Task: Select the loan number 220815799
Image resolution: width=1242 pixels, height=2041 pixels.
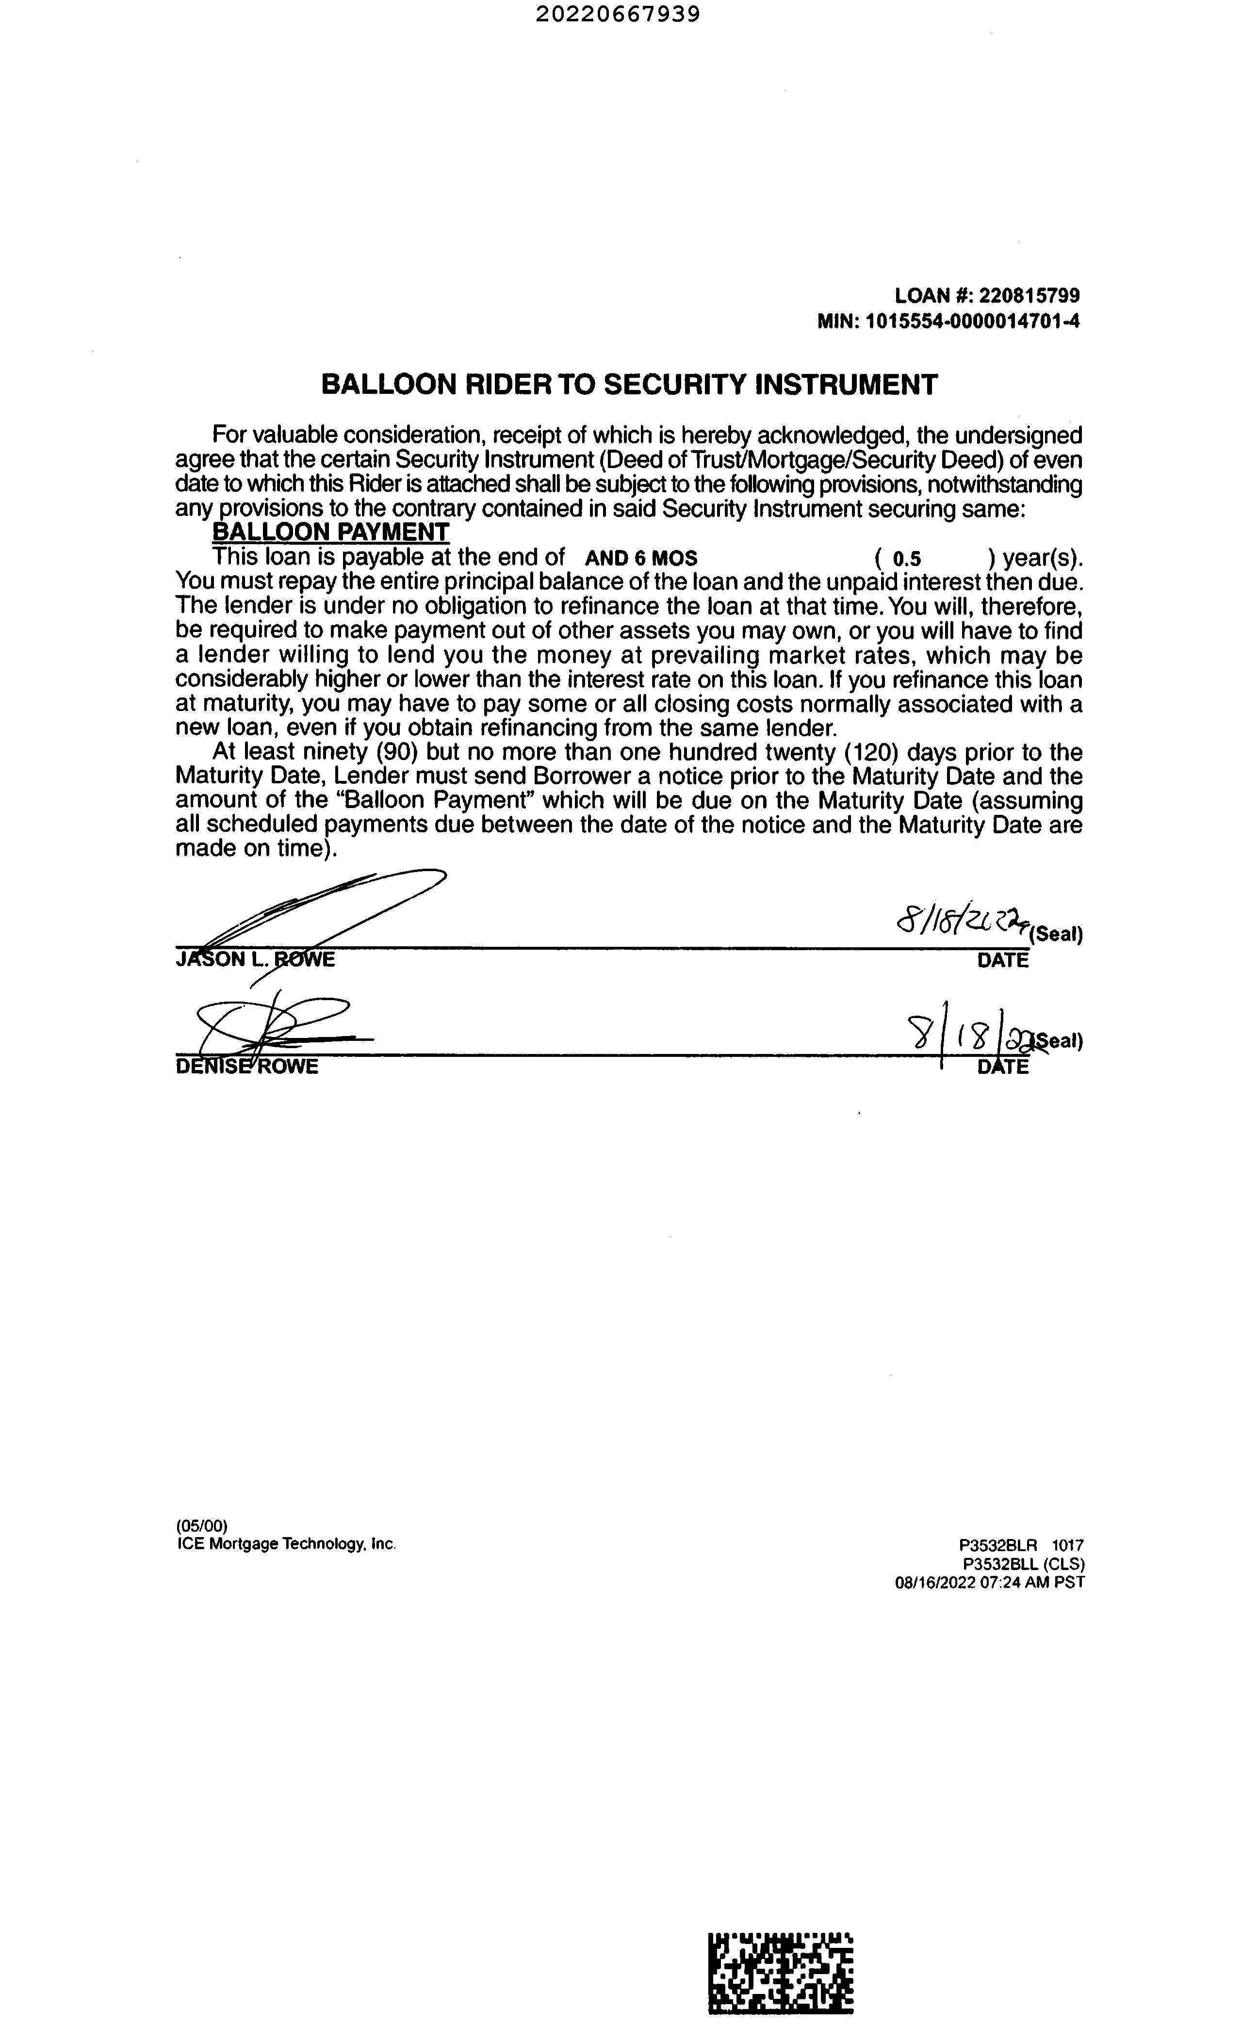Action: point(1029,296)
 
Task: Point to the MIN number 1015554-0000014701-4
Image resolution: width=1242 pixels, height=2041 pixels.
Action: point(973,322)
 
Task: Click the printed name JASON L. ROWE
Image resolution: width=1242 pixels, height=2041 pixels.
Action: point(255,960)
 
